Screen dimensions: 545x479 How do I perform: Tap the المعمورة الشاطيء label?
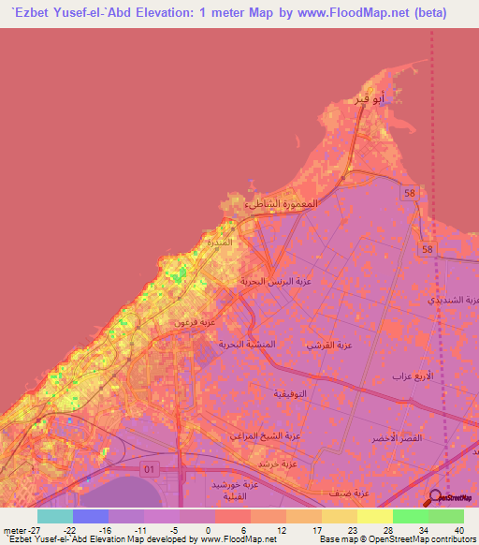tap(282, 203)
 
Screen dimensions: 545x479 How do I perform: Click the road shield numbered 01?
tap(148, 466)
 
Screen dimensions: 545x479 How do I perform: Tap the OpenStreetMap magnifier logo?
tap(436, 496)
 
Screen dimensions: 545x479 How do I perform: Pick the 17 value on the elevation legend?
tap(316, 529)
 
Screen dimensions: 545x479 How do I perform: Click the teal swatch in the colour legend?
tap(55, 516)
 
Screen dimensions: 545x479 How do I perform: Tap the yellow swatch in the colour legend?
tap(375, 516)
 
